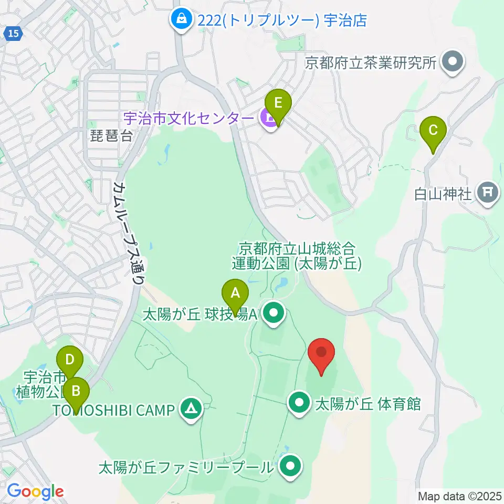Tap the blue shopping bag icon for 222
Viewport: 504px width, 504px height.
pos(181,20)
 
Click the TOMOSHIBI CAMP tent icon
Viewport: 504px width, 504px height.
pos(190,409)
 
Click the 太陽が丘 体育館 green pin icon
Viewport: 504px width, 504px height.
pos(300,403)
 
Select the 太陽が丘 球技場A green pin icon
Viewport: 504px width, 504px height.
pos(273,314)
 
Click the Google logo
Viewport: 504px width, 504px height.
pos(35,492)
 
